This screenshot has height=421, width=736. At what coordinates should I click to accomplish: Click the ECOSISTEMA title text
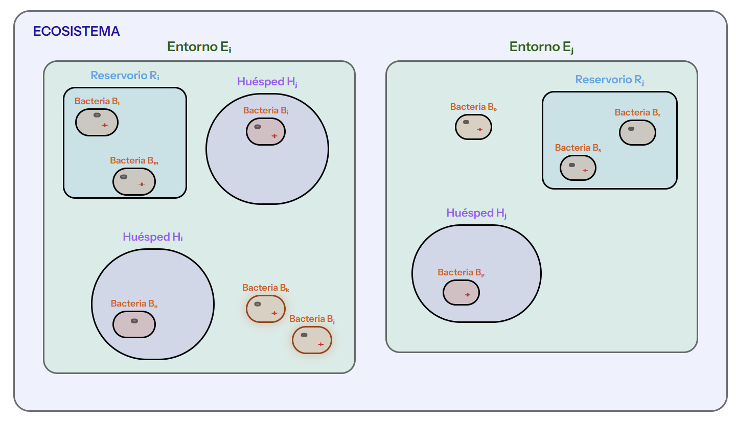coord(76,31)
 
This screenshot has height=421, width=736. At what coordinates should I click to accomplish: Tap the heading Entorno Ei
coord(199,47)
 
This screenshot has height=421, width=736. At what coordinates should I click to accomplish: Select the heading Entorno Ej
coord(542,47)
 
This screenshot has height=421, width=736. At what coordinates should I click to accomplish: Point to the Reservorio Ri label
coord(125,76)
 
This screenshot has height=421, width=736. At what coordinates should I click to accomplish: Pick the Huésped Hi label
coord(153,237)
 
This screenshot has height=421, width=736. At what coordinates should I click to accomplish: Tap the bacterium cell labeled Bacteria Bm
coord(134,181)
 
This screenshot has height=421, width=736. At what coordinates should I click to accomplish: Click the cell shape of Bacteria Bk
coord(266,309)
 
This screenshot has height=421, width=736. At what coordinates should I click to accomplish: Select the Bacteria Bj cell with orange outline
coord(312,340)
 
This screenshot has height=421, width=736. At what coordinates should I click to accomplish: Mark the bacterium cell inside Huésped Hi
coord(134,324)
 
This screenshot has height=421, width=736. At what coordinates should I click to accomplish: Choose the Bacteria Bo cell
coord(473,127)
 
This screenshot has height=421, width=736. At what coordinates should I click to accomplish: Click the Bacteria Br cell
coord(637,132)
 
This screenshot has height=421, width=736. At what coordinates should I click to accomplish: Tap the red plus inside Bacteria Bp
coord(467,295)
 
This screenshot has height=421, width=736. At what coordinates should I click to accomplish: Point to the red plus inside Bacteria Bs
coord(585,170)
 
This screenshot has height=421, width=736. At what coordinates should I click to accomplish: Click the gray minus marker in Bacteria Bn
coord(134,321)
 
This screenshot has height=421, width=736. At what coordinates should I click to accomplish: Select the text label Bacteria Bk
coord(266,288)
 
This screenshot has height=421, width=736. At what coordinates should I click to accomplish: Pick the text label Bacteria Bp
coord(461,273)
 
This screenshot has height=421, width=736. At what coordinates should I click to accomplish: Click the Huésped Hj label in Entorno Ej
coord(476,214)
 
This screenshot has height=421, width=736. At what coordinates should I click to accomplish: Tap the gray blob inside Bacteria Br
coord(631,129)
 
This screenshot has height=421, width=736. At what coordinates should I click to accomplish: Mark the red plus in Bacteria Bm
coord(142,184)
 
